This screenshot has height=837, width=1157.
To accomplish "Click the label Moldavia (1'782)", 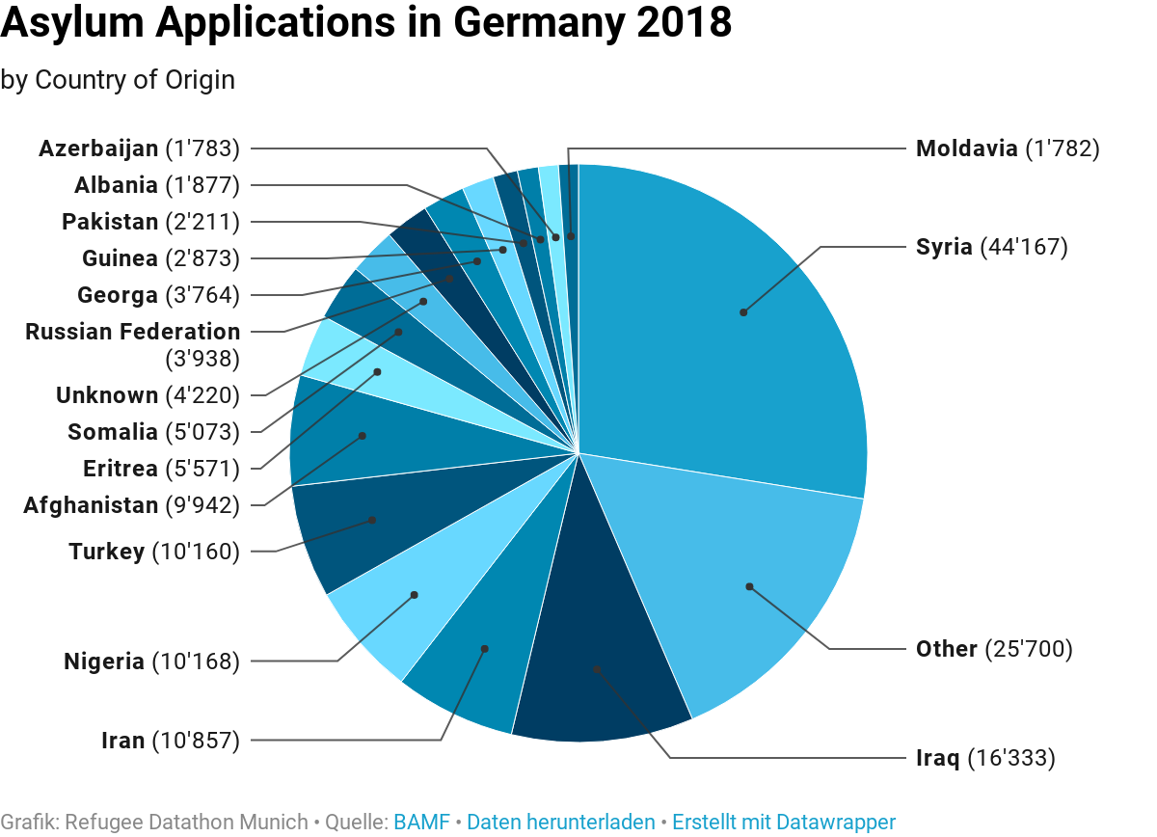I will point(1007,148).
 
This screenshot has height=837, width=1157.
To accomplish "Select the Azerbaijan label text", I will point(98,148).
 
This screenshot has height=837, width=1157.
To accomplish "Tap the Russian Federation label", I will point(133,332).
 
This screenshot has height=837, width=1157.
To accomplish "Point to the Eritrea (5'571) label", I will point(160,469).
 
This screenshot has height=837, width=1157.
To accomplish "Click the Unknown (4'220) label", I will point(147,395).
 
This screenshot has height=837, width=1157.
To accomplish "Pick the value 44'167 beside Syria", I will point(1024,247).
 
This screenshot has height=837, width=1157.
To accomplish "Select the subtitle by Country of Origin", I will point(118,80).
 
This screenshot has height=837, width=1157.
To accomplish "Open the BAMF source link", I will point(421,823).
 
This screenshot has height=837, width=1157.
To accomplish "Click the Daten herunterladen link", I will point(560,823).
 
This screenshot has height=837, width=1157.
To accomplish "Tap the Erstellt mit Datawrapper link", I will point(783,823).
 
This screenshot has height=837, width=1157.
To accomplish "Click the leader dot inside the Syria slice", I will point(743,312).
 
